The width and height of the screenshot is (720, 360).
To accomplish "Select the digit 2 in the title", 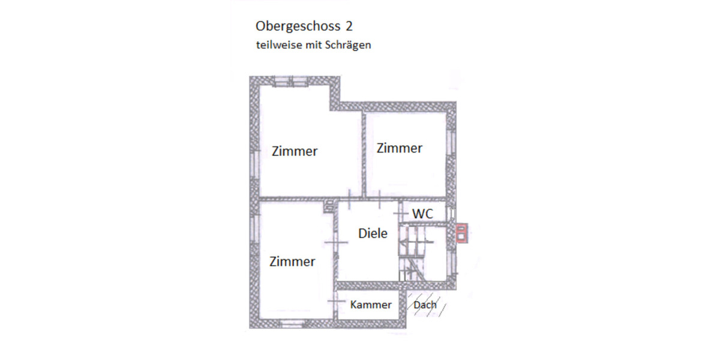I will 349,26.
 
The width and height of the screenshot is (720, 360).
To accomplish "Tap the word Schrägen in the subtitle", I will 349,45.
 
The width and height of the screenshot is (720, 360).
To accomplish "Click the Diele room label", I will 373,233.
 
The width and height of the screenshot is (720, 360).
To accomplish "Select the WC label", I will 422,214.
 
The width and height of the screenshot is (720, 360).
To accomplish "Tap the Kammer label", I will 371,305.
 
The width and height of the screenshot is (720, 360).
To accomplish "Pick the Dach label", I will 425,305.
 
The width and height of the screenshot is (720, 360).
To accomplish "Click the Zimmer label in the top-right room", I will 399,148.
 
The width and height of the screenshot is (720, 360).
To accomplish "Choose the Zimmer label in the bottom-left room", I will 292,262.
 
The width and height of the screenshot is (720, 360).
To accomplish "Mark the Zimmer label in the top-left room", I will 295,151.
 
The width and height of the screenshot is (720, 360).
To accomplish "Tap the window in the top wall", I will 291,81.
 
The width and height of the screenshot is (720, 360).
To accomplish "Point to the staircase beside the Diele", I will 414,252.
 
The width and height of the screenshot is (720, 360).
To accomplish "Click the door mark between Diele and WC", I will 400,214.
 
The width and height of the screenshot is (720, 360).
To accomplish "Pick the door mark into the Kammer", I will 335,301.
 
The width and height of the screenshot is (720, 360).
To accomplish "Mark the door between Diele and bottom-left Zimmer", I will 335,242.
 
